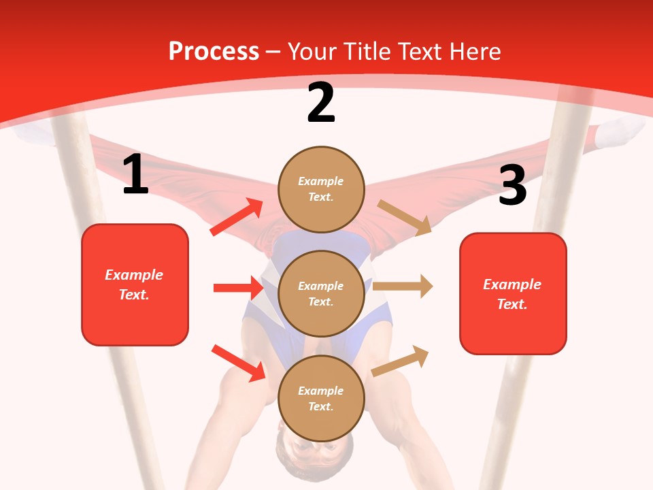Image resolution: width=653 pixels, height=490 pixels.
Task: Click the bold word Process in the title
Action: pos(214,51)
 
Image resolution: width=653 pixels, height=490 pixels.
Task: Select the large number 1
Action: pos(135,175)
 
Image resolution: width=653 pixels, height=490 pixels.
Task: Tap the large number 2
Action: pos(321,103)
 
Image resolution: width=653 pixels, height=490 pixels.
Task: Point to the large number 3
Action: pos(512,185)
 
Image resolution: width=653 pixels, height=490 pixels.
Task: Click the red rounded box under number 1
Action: pos(135,284)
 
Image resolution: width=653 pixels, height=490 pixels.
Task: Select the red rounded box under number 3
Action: pos(513,294)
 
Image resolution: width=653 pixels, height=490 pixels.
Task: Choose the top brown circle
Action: pos(321,189)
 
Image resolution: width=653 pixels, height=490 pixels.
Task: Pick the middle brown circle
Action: pos(321,294)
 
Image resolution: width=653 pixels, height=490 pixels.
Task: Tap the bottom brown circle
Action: pos(321,399)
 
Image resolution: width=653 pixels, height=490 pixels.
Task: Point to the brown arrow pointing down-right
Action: pos(405,217)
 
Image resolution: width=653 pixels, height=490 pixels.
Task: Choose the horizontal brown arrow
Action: pos(403,287)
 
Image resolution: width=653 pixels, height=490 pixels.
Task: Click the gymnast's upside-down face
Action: pos(314,453)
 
